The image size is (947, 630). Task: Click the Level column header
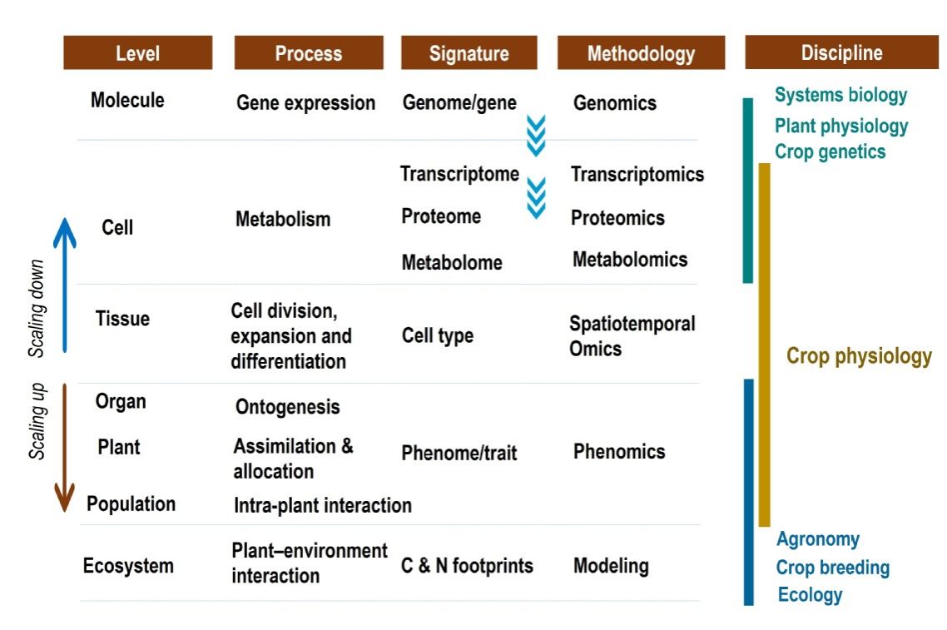pyautogui.click(x=137, y=52)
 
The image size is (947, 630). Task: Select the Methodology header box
pyautogui.click(x=641, y=52)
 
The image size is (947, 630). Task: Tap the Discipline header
pyautogui.click(x=841, y=52)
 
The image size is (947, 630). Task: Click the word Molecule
pyautogui.click(x=127, y=100)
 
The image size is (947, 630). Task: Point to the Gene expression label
pyautogui.click(x=305, y=102)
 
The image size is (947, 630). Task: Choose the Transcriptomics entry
pyautogui.click(x=637, y=174)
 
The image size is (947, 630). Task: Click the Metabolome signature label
pyautogui.click(x=452, y=262)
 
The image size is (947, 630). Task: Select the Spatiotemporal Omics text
pyautogui.click(x=632, y=336)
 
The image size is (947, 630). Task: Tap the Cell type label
pyautogui.click(x=437, y=335)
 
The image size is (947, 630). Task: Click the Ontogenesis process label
pyautogui.click(x=287, y=407)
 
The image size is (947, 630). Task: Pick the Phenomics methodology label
pyautogui.click(x=619, y=451)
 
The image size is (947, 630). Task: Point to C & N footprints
pyautogui.click(x=467, y=565)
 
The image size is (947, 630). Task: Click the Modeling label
pyautogui.click(x=611, y=566)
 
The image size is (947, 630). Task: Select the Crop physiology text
pyautogui.click(x=859, y=356)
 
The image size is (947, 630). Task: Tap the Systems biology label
pyautogui.click(x=840, y=95)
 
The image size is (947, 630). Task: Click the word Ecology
pyautogui.click(x=810, y=595)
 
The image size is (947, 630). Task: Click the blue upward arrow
pyautogui.click(x=65, y=285)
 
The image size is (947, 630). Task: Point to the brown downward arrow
pyautogui.click(x=65, y=448)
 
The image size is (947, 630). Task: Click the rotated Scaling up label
pyautogui.click(x=37, y=421)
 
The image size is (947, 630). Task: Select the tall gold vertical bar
pyautogui.click(x=764, y=345)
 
